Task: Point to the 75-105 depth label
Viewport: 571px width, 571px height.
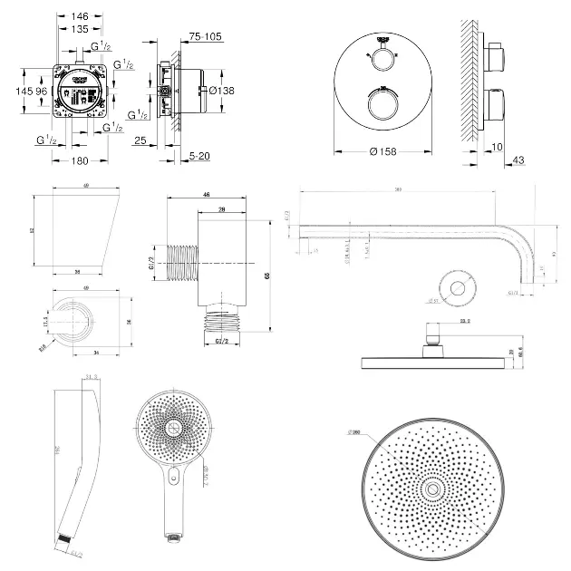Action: (207, 37)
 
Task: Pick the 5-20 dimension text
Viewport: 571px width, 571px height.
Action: (202, 156)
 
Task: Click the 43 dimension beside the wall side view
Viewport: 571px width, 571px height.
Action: (518, 160)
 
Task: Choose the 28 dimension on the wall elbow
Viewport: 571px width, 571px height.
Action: (221, 209)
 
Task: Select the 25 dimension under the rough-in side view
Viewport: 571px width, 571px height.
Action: (140, 140)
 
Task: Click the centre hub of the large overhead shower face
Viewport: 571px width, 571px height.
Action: (432, 489)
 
